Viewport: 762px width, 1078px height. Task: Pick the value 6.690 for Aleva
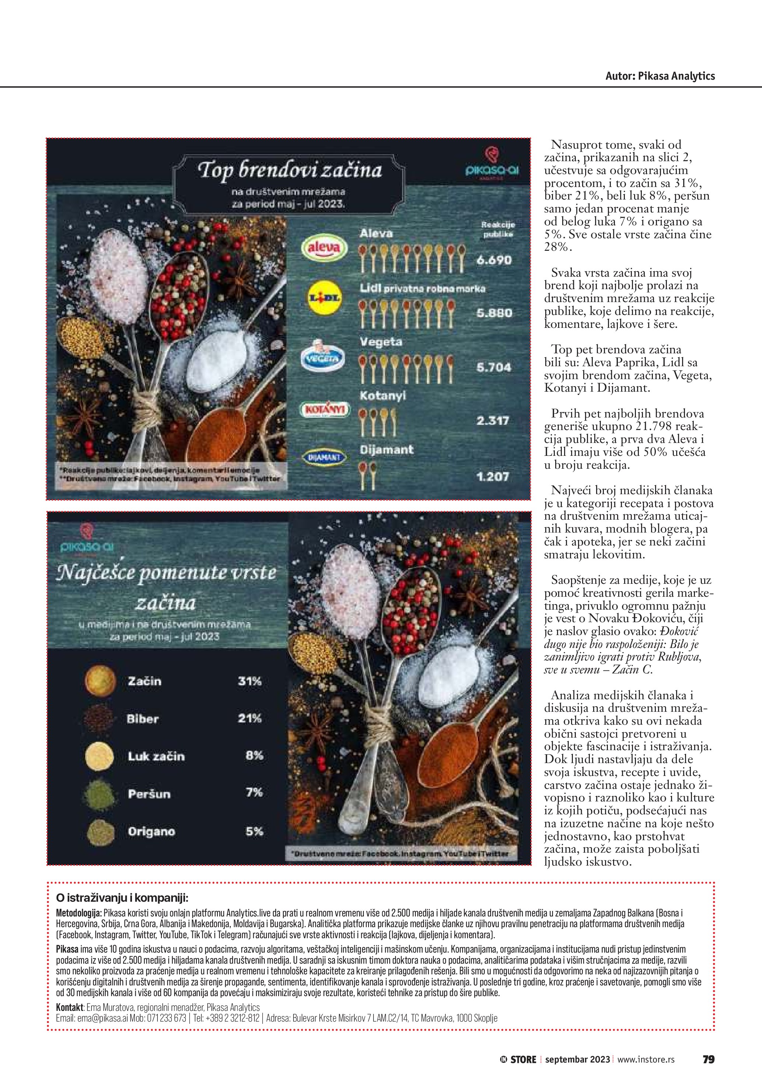coord(494,260)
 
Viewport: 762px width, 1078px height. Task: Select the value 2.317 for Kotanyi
coord(493,421)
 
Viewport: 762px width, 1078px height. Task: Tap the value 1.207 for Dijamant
coord(493,477)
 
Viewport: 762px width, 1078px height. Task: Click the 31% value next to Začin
coord(250,681)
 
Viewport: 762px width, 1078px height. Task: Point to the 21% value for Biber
coord(250,719)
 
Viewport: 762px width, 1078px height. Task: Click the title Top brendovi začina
coord(290,170)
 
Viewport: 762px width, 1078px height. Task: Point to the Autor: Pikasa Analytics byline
coord(660,76)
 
